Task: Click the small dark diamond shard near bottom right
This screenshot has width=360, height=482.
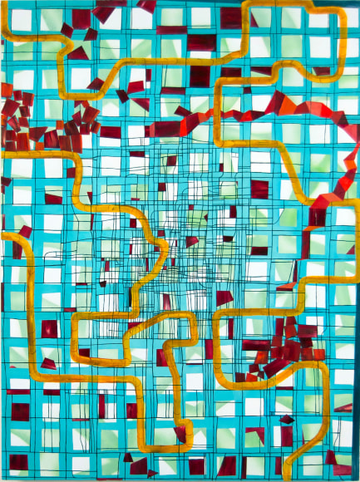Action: point(287,420)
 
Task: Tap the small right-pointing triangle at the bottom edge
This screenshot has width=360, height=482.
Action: point(152,473)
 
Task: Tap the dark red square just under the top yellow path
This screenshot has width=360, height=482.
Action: point(200,76)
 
